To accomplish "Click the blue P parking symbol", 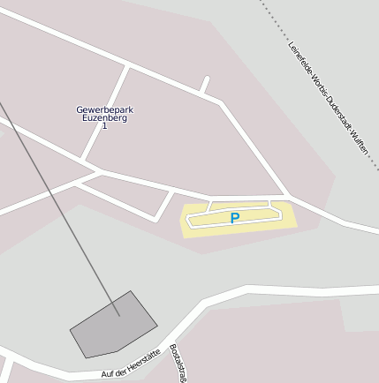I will coord(234,218).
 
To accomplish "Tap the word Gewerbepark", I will coord(104,110).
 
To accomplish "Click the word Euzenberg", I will coord(104,118).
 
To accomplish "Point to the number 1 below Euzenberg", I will coord(104,126).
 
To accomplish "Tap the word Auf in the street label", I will coord(107,375).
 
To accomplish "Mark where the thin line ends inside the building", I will coord(118,314).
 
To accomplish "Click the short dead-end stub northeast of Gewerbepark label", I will coord(205,86).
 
